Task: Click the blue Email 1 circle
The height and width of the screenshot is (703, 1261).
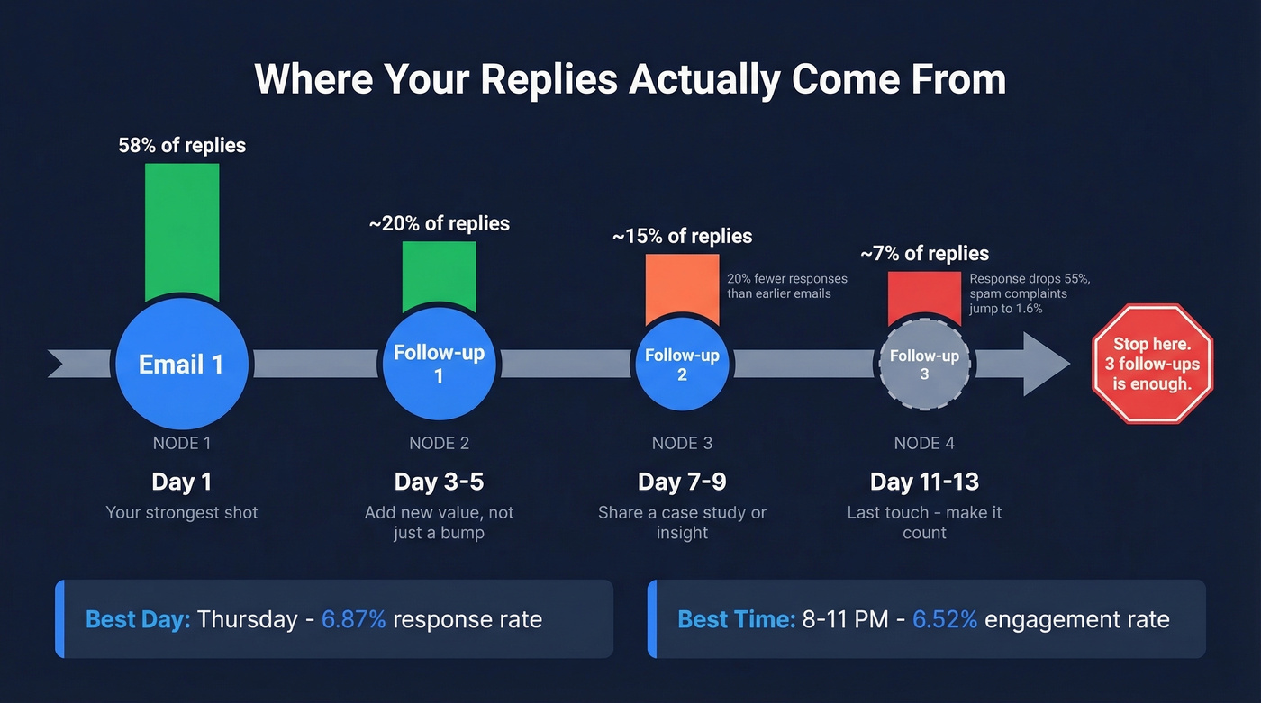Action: point(182,365)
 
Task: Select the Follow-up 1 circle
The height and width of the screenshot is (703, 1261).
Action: point(439,365)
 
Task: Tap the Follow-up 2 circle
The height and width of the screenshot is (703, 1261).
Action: point(682,365)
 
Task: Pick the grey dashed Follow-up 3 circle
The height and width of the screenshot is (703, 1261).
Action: point(924,365)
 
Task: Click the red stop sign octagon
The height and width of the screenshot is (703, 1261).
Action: point(1152,364)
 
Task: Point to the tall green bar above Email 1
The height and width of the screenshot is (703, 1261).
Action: point(182,231)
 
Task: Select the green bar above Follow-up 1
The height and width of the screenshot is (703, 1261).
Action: point(439,275)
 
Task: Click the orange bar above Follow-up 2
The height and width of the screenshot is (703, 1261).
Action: point(682,288)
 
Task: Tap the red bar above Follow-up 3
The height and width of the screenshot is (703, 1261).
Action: point(924,298)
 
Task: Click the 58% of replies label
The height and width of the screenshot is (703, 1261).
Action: point(182,145)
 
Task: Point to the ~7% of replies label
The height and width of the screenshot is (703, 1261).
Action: point(924,254)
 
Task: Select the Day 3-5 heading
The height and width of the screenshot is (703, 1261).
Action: point(439,482)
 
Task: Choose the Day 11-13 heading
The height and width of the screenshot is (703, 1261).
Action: point(924,482)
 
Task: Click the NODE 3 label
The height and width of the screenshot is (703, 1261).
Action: point(682,443)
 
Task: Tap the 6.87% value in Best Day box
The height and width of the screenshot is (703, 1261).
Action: point(354,619)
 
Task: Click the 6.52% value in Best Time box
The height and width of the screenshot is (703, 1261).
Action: point(945,619)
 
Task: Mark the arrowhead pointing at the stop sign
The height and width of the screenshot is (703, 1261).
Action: point(1046,365)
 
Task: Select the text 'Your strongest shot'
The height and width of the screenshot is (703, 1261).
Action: point(182,512)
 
